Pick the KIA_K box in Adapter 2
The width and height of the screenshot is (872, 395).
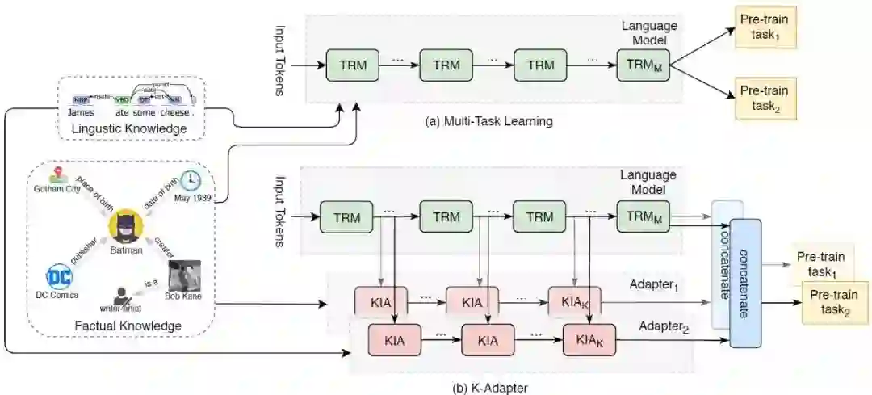tap(585, 340)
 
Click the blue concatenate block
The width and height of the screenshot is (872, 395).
tap(746, 283)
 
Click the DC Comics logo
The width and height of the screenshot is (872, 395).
tap(60, 277)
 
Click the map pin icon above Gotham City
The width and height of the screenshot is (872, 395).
tap(57, 174)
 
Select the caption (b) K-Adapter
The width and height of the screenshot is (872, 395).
tap(490, 388)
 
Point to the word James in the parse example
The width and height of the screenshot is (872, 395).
tap(81, 113)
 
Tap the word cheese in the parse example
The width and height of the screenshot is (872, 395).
tap(174, 113)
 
